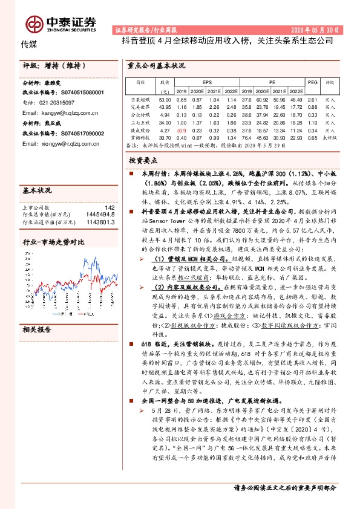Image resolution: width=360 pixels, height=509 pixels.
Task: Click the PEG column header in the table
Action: (x=312, y=80)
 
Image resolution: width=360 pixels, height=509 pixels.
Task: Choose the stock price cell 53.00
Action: (x=165, y=99)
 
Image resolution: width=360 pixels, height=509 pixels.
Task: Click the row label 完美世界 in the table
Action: (x=140, y=106)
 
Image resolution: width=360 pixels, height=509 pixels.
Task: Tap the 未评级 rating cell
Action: (x=330, y=137)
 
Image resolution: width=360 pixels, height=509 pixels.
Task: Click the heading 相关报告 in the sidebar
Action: (x=38, y=329)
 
